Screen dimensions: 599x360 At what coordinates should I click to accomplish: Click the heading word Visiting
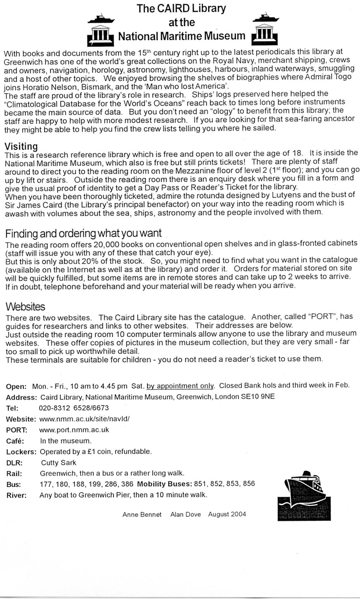point(21,146)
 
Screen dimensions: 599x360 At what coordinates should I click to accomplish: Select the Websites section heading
point(25,307)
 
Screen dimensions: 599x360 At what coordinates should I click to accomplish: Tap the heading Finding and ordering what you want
point(83,233)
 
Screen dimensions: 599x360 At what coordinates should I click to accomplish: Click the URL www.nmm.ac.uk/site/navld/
point(81,419)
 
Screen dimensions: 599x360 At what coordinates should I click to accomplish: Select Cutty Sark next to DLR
point(58,462)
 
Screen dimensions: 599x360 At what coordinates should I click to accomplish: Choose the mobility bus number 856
point(249,484)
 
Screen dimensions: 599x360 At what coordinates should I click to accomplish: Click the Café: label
point(15,441)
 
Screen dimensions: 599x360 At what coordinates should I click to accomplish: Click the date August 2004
point(227,514)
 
